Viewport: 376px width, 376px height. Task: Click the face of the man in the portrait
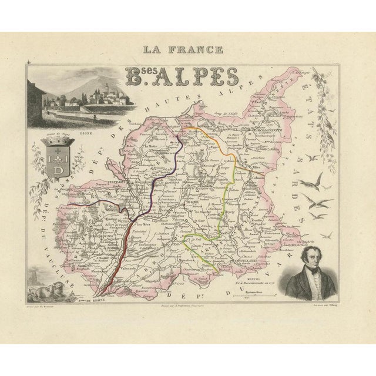[310, 255]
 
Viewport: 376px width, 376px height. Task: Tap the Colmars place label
[254, 180]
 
